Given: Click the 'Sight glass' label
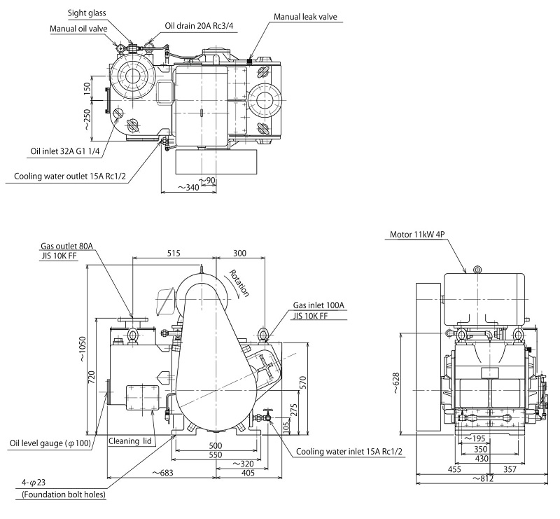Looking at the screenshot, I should point(86,13).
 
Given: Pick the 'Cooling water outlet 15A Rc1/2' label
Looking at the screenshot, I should point(70,176).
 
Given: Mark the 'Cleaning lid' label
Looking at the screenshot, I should point(130,441).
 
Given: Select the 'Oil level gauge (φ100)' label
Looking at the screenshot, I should point(50,443).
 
